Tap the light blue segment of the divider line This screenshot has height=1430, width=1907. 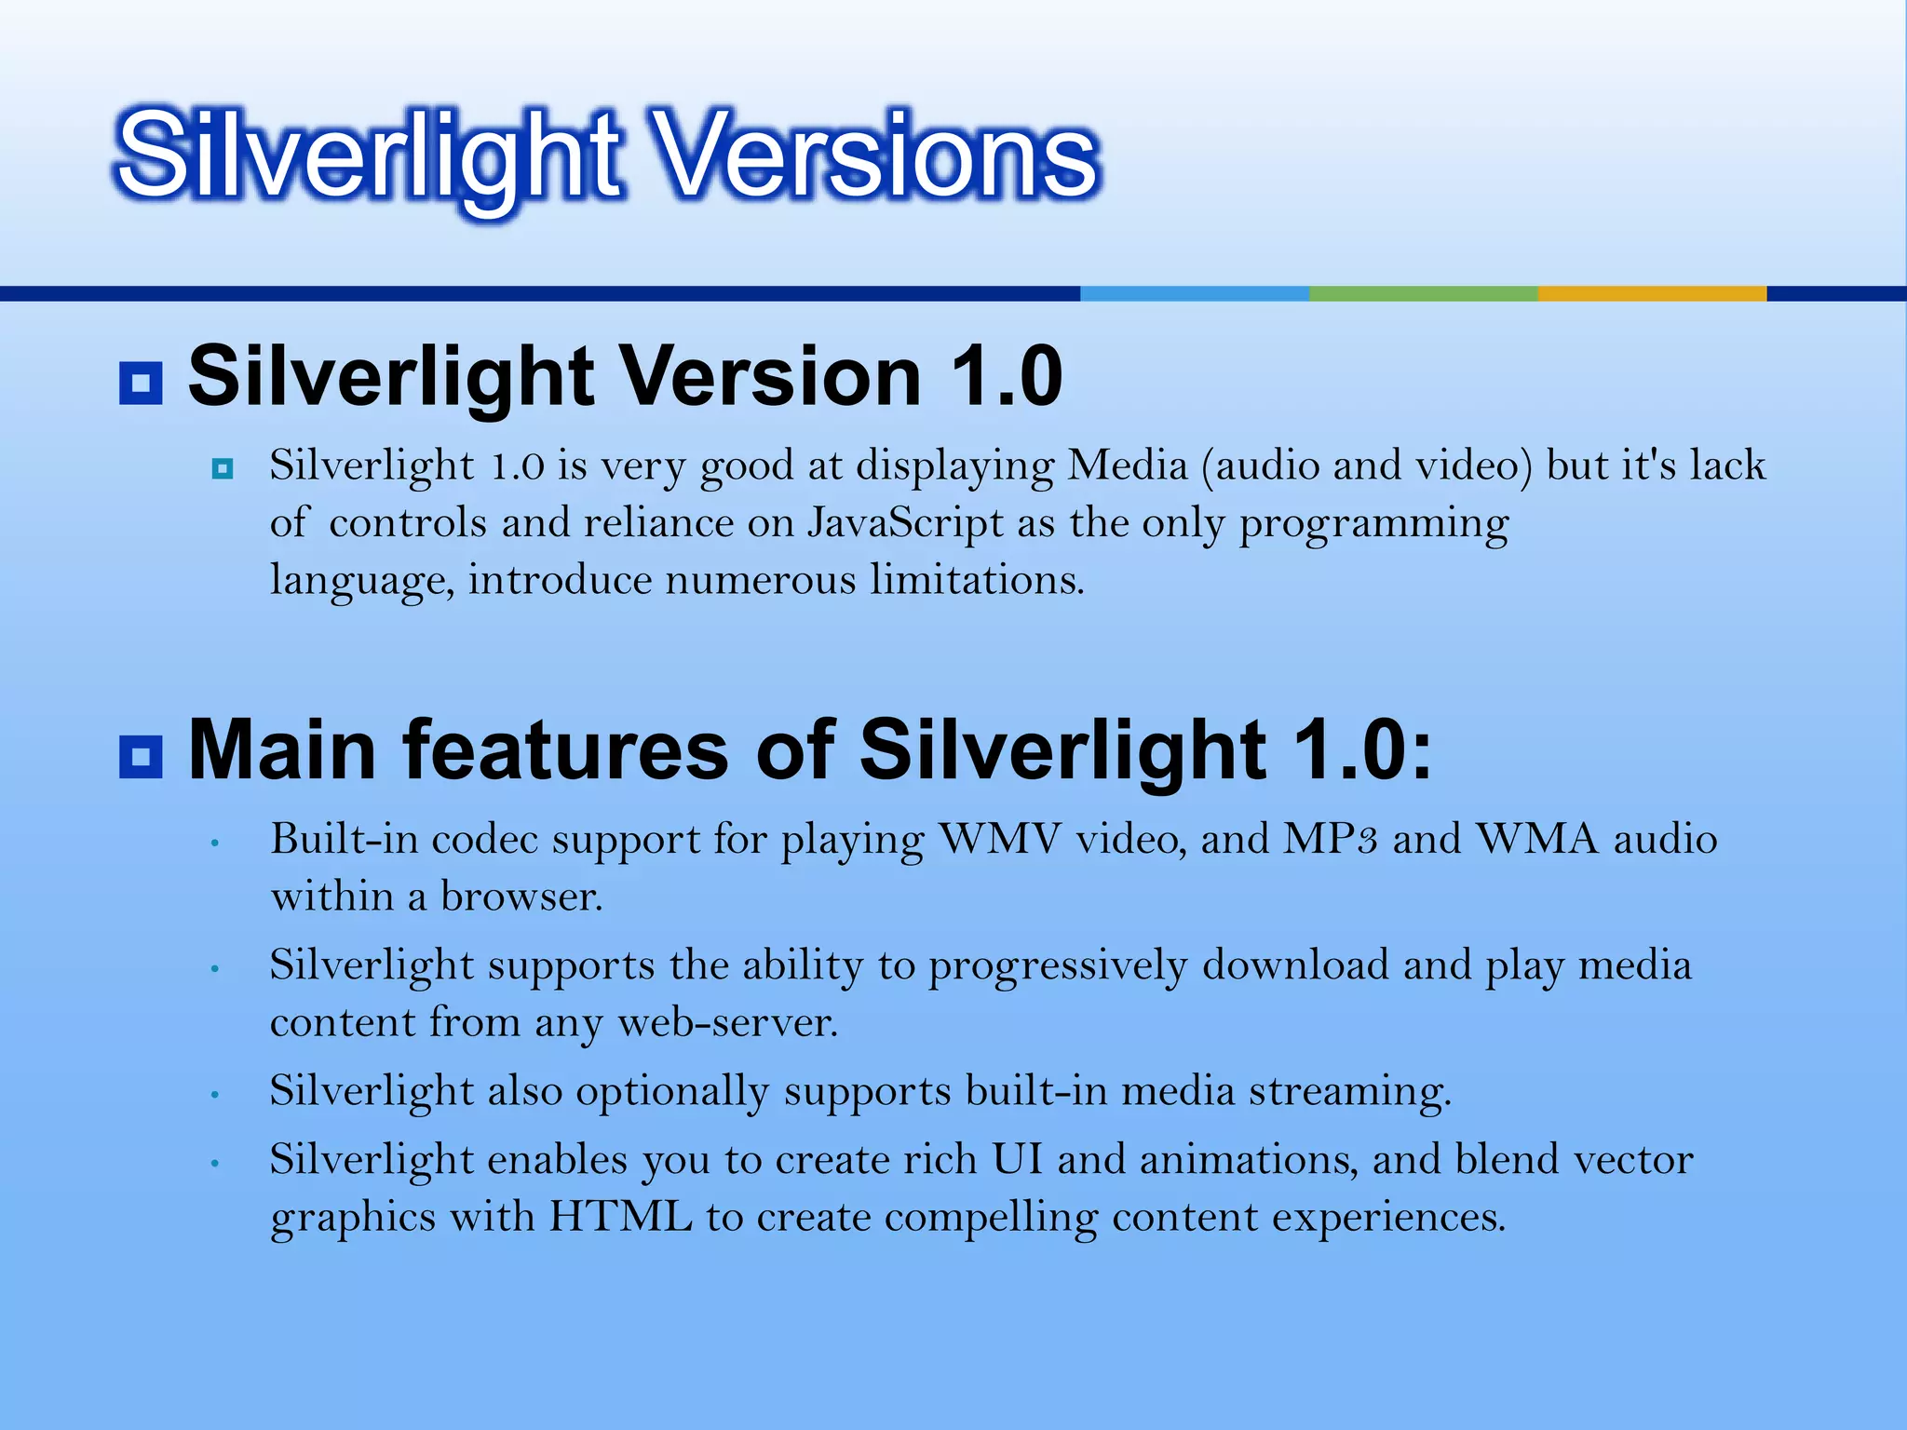pos(1194,293)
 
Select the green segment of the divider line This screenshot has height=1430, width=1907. pos(1423,293)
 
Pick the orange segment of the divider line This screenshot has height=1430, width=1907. pos(1651,293)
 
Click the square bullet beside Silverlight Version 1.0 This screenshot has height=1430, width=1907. pos(141,383)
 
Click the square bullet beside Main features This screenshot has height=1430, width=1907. pos(141,756)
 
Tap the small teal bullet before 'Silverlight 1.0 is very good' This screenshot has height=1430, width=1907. pos(222,467)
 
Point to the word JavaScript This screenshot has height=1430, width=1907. pos(904,523)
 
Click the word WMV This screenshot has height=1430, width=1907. pos(1000,839)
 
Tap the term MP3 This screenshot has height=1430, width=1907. pos(1330,839)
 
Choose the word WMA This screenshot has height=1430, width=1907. pos(1537,839)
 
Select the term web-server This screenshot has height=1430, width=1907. pos(727,1023)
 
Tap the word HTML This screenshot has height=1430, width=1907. pos(620,1217)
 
